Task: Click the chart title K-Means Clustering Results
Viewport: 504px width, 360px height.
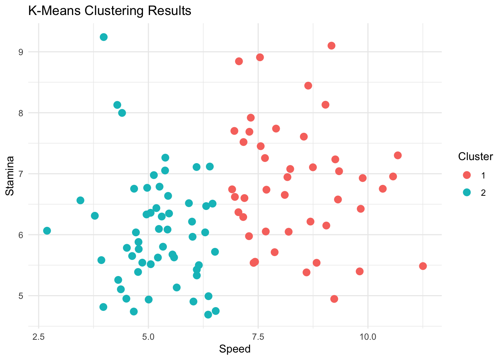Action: (x=109, y=11)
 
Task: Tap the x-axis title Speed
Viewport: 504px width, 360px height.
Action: (x=235, y=349)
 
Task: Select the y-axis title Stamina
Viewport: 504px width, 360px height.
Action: (x=10, y=175)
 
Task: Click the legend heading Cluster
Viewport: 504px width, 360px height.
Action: (x=475, y=157)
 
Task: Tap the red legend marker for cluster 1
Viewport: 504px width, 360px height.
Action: (x=467, y=175)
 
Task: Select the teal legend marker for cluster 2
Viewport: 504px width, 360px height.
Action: (x=467, y=192)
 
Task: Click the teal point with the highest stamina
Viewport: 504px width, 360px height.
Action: (x=104, y=37)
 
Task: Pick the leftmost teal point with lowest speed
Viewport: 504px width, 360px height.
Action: (x=47, y=231)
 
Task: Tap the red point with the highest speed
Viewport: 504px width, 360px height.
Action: (x=423, y=266)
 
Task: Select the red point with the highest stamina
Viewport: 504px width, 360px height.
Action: (x=331, y=46)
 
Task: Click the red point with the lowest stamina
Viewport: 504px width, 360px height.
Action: (x=334, y=299)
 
